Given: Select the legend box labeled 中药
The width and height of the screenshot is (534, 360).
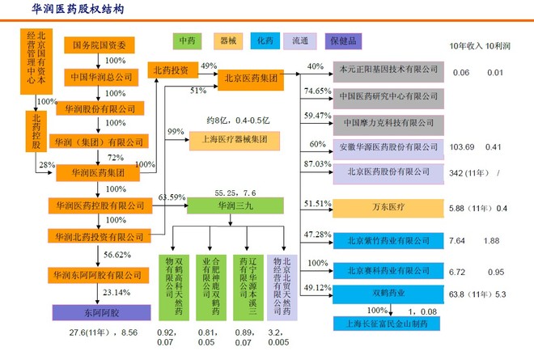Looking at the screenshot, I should (x=188, y=40).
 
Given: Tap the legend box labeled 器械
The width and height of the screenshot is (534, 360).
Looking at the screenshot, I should (x=228, y=40).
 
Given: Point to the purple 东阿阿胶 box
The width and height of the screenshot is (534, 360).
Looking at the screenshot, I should (x=85, y=311).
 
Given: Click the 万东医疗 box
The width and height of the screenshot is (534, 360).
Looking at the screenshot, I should (x=388, y=208).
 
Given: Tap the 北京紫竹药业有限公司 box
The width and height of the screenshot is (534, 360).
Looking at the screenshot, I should (x=388, y=241).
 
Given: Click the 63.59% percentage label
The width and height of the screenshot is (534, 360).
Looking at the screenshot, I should (x=172, y=197).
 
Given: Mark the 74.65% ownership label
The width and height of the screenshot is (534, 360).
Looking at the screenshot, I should (x=318, y=91).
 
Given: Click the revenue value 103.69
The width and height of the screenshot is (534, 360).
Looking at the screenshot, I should (x=461, y=147).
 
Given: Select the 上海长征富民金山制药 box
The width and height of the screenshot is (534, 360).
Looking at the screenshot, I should (x=388, y=324).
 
